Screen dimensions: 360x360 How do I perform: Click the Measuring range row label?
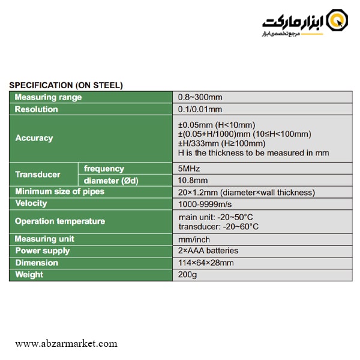[48, 97]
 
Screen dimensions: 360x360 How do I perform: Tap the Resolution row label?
[37, 109]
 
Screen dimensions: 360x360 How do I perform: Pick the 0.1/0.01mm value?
[200, 109]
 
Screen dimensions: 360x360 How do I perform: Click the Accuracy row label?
[34, 138]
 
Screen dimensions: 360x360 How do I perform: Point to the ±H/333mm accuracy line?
[221, 143]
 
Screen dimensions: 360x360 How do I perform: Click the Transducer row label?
[38, 175]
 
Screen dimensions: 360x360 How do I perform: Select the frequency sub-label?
[104, 169]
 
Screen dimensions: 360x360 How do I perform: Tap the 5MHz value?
[189, 169]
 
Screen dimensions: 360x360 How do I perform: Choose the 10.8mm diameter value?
[193, 181]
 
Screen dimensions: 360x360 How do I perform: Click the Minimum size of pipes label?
[59, 191]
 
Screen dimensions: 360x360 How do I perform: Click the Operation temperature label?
[60, 221]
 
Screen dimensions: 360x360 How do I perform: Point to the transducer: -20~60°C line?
[218, 227]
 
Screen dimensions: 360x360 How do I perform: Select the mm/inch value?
[194, 239]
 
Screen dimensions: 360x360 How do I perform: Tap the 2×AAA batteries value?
[208, 251]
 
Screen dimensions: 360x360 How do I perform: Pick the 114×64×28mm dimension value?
[206, 263]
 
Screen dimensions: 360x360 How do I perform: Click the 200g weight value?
[187, 275]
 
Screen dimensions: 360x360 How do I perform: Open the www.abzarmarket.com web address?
[66, 344]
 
